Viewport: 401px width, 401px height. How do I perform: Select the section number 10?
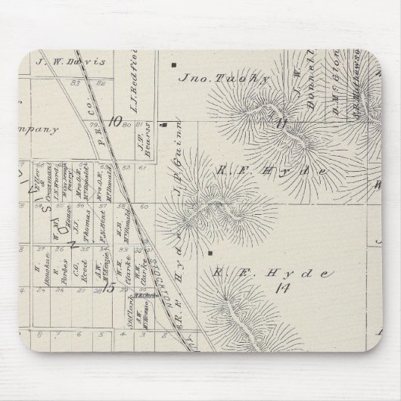tap(115, 120)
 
